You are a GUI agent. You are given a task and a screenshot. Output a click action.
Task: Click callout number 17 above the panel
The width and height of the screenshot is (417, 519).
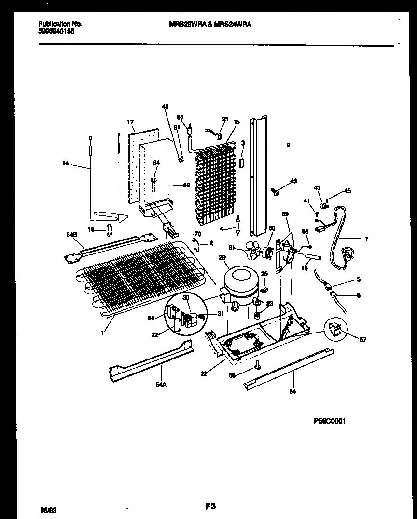[130, 123]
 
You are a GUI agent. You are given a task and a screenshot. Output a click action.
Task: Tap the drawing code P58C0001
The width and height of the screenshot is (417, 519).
[329, 421]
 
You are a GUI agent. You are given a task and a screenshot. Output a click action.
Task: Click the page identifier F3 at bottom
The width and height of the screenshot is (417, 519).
[209, 506]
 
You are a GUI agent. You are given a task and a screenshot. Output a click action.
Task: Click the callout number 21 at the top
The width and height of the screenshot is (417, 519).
[224, 119]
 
